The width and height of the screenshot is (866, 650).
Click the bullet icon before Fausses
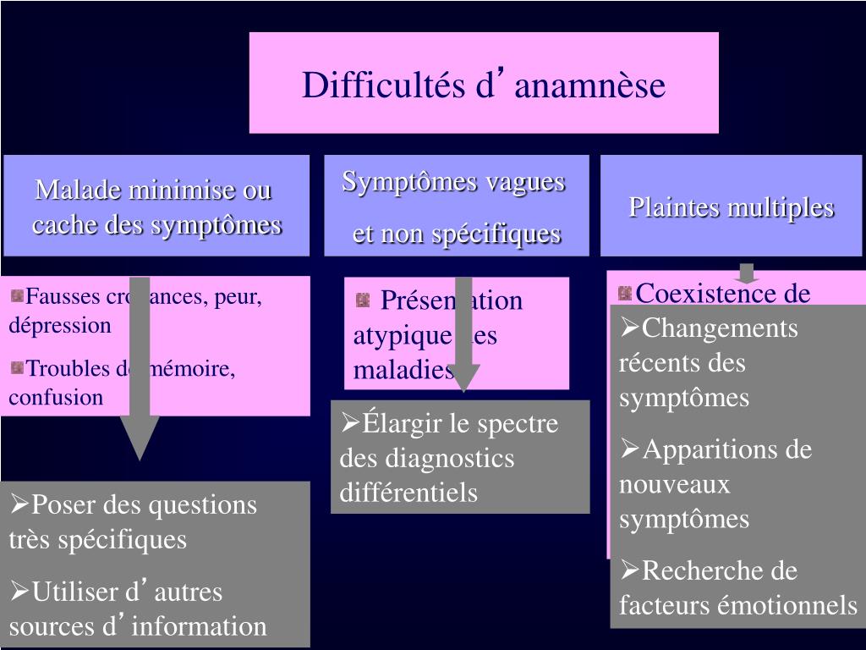tap(17, 296)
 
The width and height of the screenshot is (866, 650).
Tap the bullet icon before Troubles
tap(17, 367)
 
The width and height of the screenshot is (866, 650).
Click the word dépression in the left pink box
tap(60, 326)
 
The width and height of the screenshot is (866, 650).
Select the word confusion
tap(56, 398)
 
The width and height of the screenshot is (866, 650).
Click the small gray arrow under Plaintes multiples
tap(746, 274)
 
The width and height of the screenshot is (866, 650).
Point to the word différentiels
tap(408, 493)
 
